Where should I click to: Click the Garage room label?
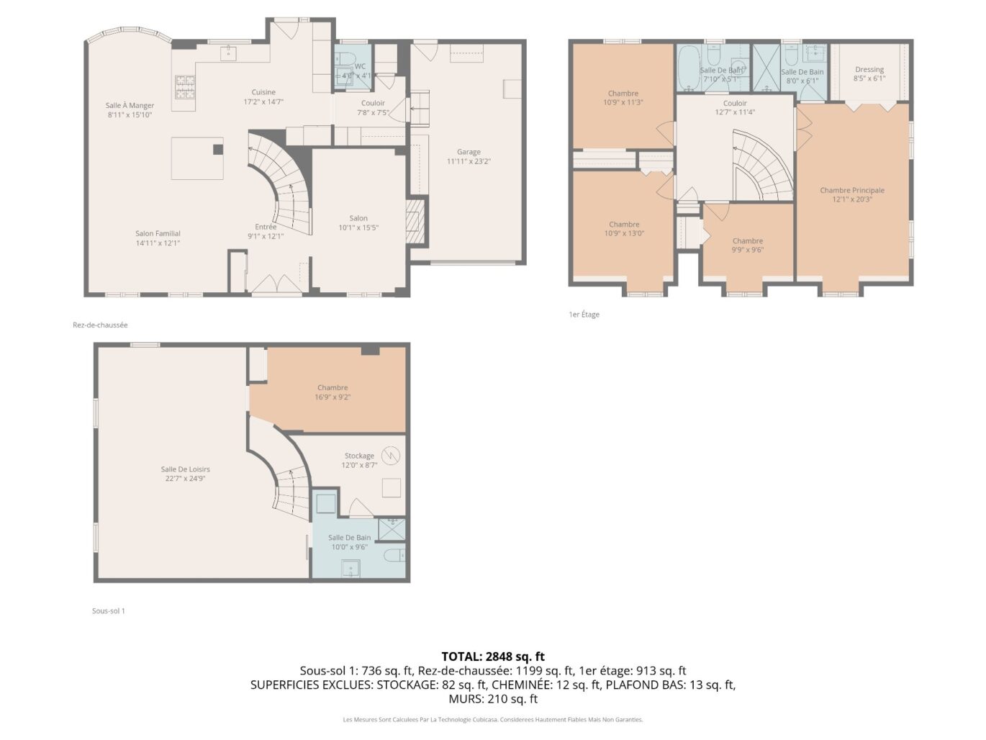(x=469, y=152)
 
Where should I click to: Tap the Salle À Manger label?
(x=130, y=106)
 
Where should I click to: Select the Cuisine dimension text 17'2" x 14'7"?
(x=263, y=101)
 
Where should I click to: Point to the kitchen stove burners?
(x=185, y=87)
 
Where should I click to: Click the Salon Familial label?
(x=158, y=233)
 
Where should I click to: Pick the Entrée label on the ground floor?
(x=266, y=227)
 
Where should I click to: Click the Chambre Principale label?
(x=852, y=191)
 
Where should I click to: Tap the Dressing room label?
(x=869, y=70)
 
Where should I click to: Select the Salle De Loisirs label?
(x=186, y=469)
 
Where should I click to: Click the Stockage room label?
(x=359, y=456)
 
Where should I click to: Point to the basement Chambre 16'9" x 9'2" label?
(x=333, y=388)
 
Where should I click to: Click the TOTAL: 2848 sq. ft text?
(x=493, y=656)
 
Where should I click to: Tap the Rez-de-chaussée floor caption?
(x=100, y=325)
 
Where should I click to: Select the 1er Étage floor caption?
(x=584, y=315)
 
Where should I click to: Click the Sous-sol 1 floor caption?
(x=109, y=611)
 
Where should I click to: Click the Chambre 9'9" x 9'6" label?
(x=748, y=241)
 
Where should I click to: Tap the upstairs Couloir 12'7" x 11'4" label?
(x=735, y=104)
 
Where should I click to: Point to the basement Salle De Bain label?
(x=350, y=538)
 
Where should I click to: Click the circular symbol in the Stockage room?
(x=391, y=456)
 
